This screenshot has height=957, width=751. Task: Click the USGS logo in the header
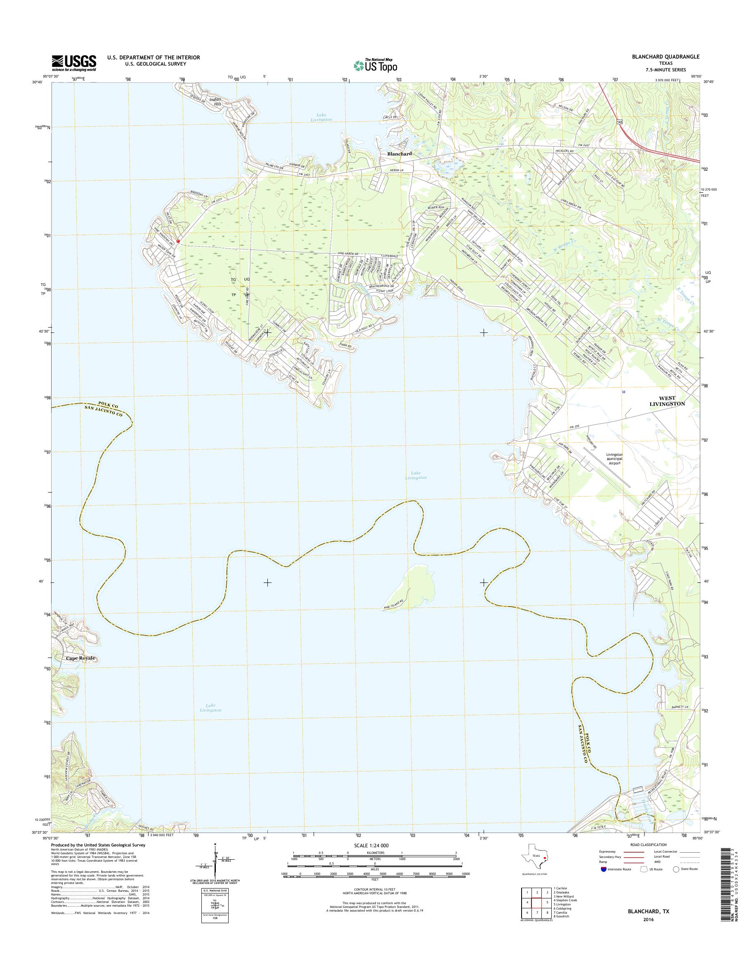(x=74, y=62)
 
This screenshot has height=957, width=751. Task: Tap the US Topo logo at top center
(x=375, y=65)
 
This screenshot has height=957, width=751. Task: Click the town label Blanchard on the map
(x=399, y=154)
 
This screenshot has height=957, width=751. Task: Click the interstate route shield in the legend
(x=603, y=869)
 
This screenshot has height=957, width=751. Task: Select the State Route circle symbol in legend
(x=676, y=869)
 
